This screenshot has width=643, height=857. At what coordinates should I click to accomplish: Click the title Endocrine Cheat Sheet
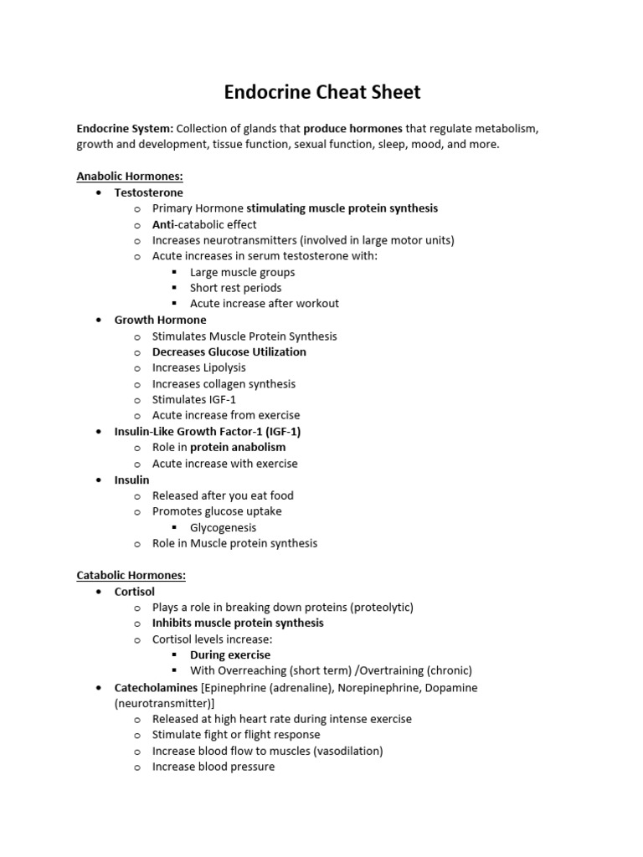pos(321,92)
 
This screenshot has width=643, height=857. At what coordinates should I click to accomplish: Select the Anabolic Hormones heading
pos(130,177)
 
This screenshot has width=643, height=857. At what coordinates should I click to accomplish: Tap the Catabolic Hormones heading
pos(131,576)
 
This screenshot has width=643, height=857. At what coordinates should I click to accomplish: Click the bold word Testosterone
pos(148,192)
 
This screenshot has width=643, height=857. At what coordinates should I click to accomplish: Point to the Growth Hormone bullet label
pos(160,320)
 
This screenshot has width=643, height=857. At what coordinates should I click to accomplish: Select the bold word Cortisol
pos(135,592)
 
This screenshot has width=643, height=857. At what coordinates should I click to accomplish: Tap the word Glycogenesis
pos(224,527)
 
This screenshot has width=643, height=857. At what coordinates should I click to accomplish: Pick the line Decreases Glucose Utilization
pos(229,352)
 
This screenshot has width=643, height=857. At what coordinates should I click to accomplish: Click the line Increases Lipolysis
pos(199,367)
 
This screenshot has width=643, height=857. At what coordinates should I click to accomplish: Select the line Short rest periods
pos(236,288)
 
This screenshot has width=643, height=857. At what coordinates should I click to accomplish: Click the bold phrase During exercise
pos(230,654)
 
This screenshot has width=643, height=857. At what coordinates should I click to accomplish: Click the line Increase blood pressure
pos(213,767)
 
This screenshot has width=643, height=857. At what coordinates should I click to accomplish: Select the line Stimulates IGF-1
pos(194,399)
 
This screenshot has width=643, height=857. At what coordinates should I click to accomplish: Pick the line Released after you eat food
pos(223,495)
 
